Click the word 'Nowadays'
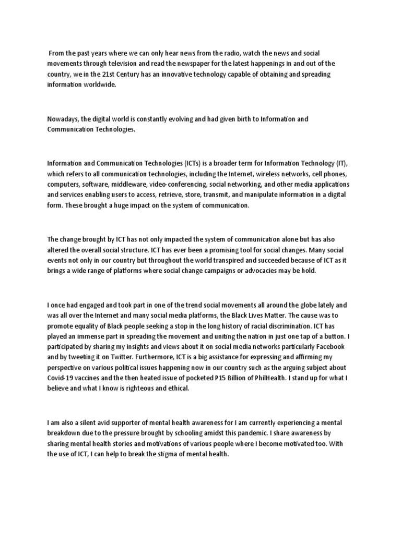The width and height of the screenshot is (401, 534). (62, 119)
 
